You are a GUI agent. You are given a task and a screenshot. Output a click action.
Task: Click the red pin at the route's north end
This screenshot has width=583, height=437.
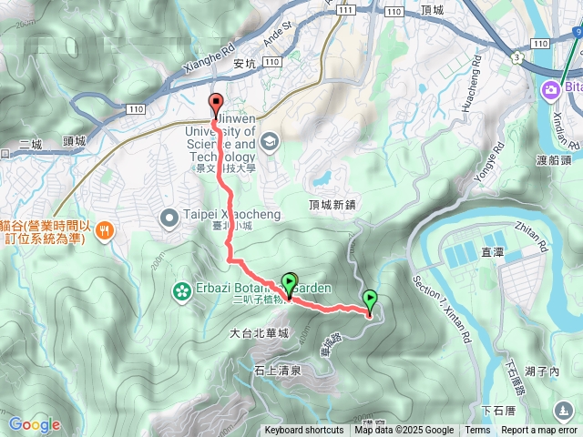[x=216, y=103]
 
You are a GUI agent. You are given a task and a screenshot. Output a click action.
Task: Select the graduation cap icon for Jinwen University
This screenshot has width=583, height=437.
[x=269, y=142]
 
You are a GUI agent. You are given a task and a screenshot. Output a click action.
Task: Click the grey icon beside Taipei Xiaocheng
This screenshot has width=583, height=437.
[x=169, y=218]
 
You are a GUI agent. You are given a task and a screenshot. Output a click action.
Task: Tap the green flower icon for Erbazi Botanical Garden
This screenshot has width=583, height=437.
[x=181, y=291]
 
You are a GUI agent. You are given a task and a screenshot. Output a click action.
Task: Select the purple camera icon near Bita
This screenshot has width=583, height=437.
[x=550, y=89]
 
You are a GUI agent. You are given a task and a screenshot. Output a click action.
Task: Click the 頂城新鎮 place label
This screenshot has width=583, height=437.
[x=330, y=205]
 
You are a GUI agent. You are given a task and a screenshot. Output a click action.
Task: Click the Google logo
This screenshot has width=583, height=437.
[x=35, y=424]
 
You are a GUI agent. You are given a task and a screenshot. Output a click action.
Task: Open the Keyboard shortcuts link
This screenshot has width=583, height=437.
[x=304, y=431]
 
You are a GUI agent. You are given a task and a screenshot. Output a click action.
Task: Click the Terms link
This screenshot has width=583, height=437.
[x=477, y=431]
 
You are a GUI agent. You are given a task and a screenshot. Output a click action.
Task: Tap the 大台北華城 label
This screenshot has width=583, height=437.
[x=259, y=334]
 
